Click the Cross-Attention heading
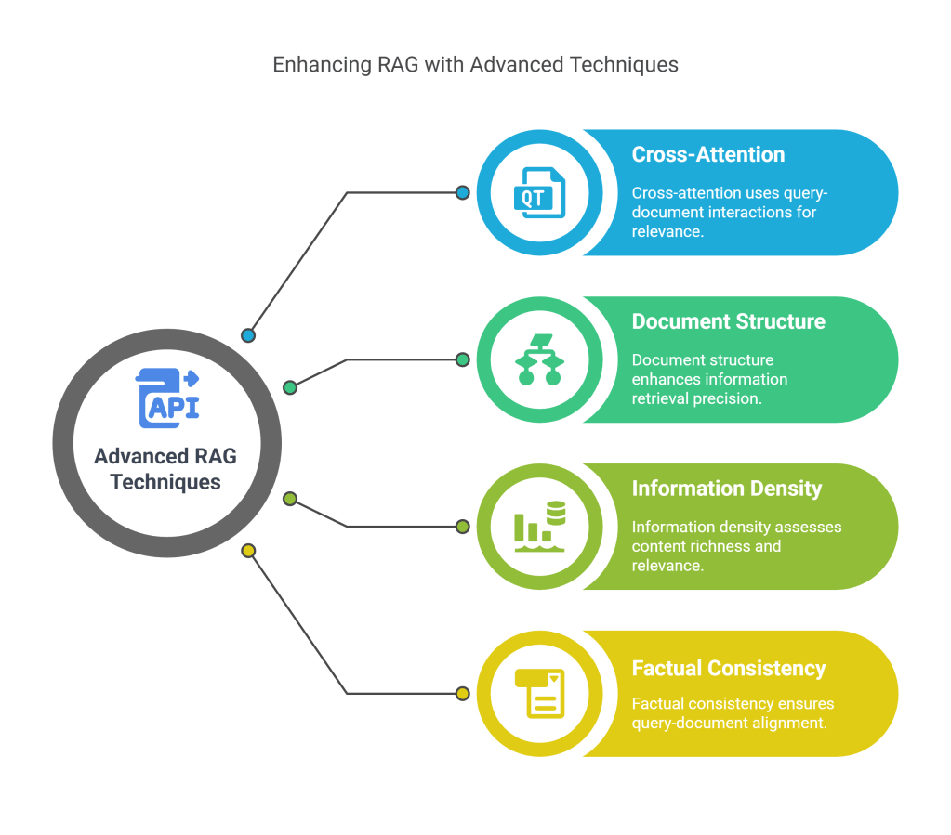(x=708, y=154)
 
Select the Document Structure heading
(x=728, y=321)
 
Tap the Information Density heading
(x=727, y=489)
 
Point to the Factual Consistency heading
(x=729, y=668)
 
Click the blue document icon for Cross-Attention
(x=538, y=193)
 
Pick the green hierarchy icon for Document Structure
(x=539, y=359)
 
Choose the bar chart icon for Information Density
(x=539, y=527)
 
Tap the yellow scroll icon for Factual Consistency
(x=540, y=693)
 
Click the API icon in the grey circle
(x=168, y=398)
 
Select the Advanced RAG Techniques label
(x=165, y=469)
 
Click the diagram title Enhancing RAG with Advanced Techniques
(x=475, y=65)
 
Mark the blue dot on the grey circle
(x=247, y=335)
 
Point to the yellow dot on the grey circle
(x=248, y=551)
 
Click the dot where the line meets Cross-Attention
(x=462, y=192)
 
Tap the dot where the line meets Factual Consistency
(x=462, y=693)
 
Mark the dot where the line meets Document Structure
(x=462, y=359)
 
